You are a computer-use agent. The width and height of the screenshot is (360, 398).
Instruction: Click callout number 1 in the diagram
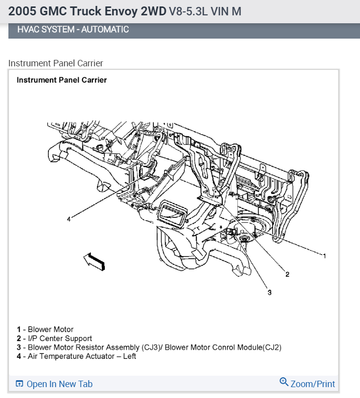click(324, 256)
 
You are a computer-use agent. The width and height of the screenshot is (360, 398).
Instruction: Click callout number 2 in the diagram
click(287, 274)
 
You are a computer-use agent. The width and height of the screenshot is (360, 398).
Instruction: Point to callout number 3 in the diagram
click(270, 292)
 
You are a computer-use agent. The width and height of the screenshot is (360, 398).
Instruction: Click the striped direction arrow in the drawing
click(94, 260)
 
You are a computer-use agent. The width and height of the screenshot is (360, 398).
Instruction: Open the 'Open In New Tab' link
click(59, 384)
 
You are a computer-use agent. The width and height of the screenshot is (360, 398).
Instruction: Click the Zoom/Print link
click(313, 384)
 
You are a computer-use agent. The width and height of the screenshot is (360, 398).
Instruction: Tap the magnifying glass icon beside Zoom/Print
click(284, 382)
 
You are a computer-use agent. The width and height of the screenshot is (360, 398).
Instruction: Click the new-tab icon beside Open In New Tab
click(20, 384)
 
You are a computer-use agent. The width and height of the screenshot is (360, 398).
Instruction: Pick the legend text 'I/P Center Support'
click(60, 338)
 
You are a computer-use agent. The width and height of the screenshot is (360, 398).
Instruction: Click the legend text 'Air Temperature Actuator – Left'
click(82, 356)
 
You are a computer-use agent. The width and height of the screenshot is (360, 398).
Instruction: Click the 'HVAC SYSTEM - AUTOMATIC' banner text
click(73, 29)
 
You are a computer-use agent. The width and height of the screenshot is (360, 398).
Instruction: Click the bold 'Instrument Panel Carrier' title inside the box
click(62, 80)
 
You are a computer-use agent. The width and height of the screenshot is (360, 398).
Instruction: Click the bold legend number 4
click(19, 356)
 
